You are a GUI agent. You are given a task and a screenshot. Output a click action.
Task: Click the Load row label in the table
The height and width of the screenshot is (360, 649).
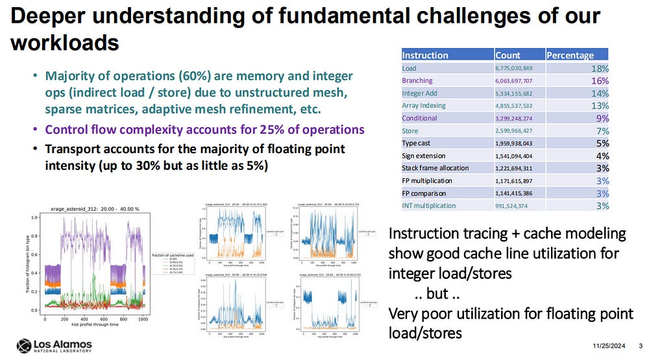410,67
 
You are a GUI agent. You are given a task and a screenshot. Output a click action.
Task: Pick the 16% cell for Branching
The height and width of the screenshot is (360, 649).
600,80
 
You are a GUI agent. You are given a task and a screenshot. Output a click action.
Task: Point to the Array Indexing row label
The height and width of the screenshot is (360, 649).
425,105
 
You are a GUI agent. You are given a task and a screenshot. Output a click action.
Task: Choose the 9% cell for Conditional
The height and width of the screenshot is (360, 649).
603,118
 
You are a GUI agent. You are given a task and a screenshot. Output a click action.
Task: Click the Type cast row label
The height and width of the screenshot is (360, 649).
418,143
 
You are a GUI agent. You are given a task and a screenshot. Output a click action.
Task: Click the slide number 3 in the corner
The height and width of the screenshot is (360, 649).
641,344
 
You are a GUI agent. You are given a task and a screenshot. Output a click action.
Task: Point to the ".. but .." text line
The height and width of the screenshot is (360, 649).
438,293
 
